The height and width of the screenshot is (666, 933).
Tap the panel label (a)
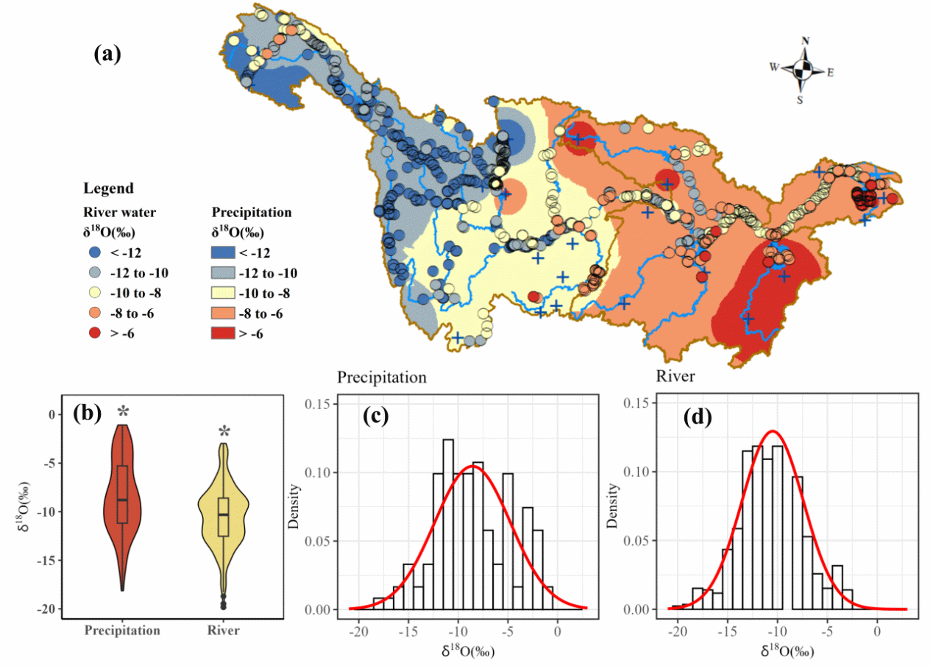coord(107,54)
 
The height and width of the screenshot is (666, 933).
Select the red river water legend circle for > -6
coord(93,333)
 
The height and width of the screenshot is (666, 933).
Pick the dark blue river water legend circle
coord(93,252)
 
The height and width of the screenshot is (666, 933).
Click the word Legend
coord(108,188)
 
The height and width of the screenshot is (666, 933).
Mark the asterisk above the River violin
coord(224,431)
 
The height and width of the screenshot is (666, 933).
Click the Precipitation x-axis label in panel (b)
coord(123,631)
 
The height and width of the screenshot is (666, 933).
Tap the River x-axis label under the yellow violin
coord(224,631)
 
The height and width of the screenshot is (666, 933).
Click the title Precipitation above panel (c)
coord(382,378)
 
